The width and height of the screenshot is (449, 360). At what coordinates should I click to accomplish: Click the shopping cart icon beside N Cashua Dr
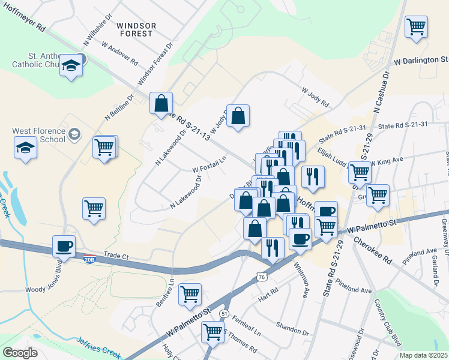pos(416,27)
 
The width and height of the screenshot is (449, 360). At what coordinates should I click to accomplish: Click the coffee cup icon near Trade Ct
pos(64,246)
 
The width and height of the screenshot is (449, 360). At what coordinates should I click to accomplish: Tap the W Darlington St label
pos(421,61)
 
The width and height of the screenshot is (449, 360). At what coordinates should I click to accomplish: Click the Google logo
pos(20,352)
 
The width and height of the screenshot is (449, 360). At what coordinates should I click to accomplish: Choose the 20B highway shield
pos(89,256)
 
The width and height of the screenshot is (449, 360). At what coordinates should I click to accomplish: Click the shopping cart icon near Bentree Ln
pos(190,294)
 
